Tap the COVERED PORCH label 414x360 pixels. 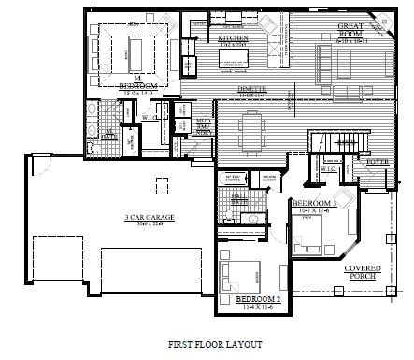(x=363, y=271)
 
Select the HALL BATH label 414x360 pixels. (x=239, y=197)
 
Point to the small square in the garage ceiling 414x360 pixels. (x=159, y=180)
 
